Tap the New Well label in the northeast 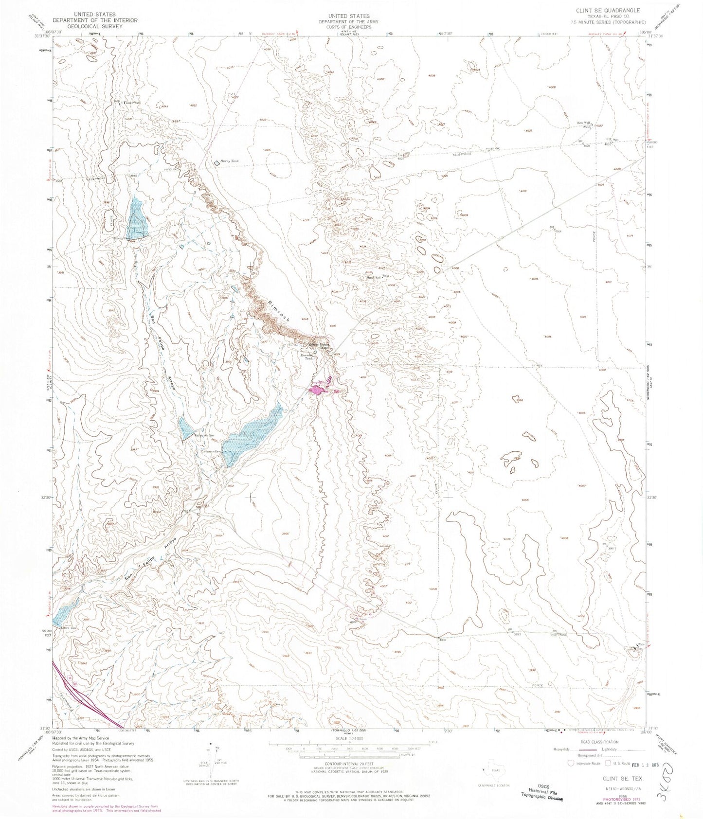[x=583, y=123]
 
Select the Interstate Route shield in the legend [x=570, y=763]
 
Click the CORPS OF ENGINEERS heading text [x=348, y=27]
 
